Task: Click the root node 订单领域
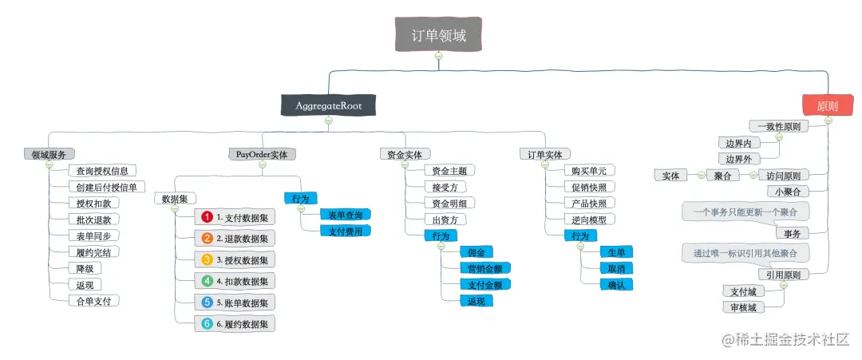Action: point(438,34)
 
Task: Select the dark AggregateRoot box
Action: point(328,105)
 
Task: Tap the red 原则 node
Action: point(827,105)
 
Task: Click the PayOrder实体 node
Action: point(262,154)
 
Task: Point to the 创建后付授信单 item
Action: point(105,187)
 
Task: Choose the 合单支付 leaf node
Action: point(93,301)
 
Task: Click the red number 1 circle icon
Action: point(206,216)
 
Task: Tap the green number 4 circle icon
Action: point(206,280)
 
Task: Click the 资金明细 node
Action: point(449,203)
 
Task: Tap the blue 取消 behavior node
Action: point(615,267)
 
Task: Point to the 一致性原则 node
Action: point(778,126)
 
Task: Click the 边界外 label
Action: point(738,158)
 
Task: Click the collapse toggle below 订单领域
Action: point(437,56)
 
